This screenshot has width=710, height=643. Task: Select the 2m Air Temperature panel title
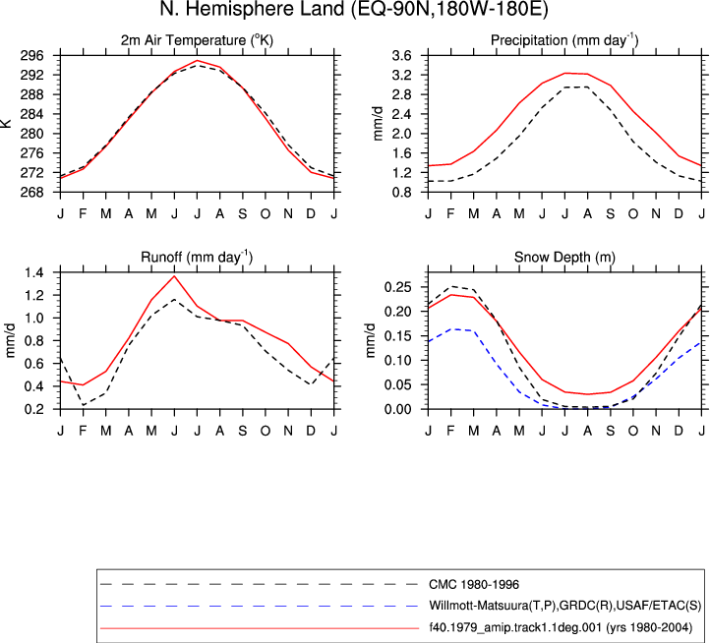197,40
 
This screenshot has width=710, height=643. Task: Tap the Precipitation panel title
564,40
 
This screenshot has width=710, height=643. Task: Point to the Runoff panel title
197,258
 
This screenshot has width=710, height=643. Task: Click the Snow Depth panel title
564,258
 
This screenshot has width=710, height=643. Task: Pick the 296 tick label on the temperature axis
32,56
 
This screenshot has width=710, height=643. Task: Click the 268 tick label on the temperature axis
32,193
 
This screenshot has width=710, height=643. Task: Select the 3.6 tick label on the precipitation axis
401,56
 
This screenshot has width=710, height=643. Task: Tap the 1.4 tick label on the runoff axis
34,272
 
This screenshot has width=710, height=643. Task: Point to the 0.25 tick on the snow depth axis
397,287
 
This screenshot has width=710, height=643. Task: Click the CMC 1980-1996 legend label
474,585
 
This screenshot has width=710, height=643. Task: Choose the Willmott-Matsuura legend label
564,606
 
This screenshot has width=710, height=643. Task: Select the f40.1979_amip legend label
561,627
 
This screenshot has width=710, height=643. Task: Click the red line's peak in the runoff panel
174,275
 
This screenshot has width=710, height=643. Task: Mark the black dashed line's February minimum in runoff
84,405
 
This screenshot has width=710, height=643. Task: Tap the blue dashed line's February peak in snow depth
451,329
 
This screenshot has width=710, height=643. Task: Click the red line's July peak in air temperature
197,60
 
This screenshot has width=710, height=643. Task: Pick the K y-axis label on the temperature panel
6,124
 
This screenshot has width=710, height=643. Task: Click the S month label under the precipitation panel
611,213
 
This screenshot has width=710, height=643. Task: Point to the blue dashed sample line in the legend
259,606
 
